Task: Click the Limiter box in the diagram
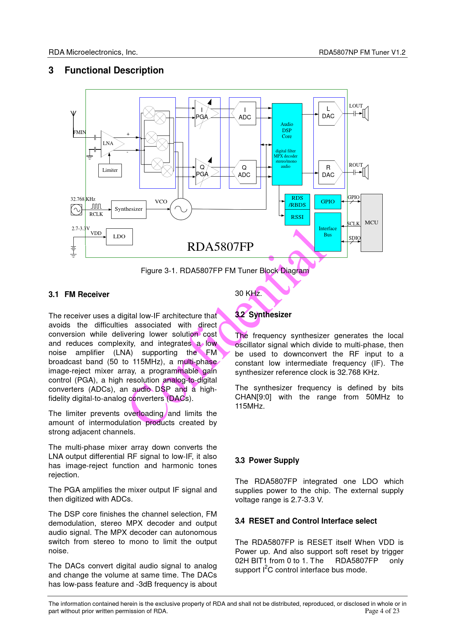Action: coord(110,170)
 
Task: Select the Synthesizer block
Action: coord(128,209)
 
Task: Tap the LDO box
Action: coord(119,237)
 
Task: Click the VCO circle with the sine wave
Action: coord(181,209)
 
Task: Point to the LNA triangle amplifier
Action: coord(110,144)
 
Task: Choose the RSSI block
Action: coord(297,217)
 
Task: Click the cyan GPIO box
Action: coord(328,202)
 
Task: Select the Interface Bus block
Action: coord(328,232)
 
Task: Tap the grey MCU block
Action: coord(371,223)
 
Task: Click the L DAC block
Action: coord(329,113)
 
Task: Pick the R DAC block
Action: coord(329,172)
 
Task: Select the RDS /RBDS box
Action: coord(297,202)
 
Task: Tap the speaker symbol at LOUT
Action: coord(365,113)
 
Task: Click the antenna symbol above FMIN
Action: coord(73,115)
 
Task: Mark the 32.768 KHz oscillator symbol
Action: coord(76,210)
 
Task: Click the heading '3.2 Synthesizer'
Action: coord(263,315)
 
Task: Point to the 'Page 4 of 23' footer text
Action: coord(382,611)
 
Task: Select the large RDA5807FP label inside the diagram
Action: coord(220,247)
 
